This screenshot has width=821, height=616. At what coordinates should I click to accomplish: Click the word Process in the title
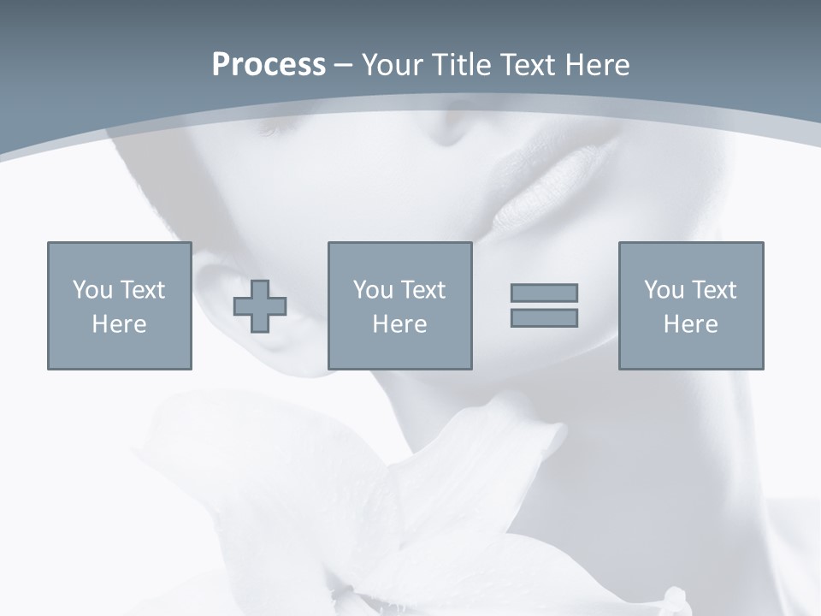(x=269, y=65)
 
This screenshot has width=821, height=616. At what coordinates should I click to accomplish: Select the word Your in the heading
(x=393, y=65)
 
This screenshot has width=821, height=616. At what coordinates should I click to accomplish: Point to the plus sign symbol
(x=260, y=306)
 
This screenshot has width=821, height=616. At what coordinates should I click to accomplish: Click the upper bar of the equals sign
(x=544, y=293)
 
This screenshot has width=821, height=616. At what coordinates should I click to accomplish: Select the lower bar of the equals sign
(x=544, y=318)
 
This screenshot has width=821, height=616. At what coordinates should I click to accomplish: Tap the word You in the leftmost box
(x=92, y=289)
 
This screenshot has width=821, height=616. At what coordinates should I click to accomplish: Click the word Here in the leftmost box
(x=119, y=324)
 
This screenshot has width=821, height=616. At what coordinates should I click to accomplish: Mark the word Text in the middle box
(x=423, y=289)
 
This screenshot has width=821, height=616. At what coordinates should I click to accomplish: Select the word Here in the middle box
(x=399, y=324)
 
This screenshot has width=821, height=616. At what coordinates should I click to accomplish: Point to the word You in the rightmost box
(x=663, y=289)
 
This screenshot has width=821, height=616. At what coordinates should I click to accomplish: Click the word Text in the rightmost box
(x=714, y=289)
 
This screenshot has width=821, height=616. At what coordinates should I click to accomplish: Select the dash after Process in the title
(x=343, y=65)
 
